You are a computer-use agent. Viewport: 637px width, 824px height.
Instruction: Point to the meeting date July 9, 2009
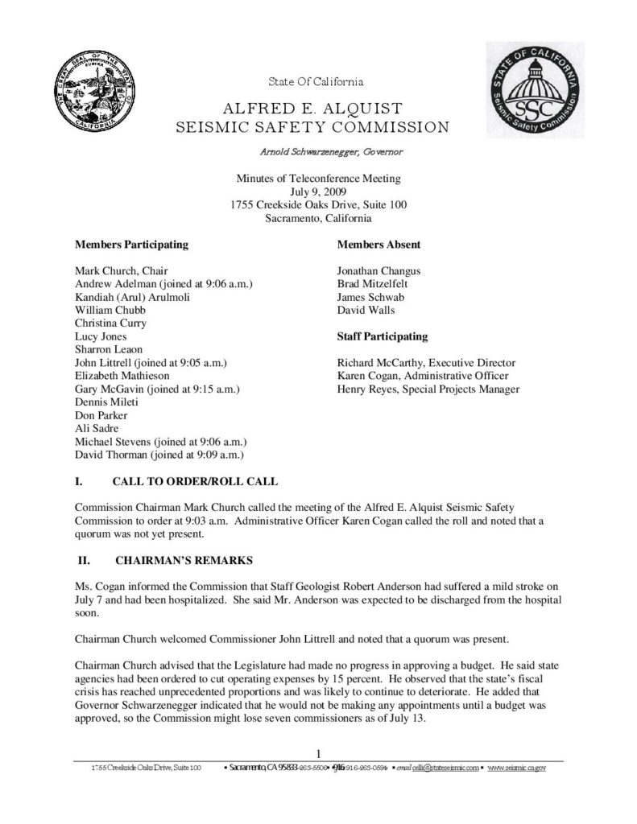pos(318,192)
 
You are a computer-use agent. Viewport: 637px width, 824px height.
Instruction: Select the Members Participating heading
pos(132,244)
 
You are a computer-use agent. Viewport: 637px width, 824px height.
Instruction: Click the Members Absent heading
pos(378,244)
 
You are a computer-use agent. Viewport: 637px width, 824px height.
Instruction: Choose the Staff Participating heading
pos(383,336)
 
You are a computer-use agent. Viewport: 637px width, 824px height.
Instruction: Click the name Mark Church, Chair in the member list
pos(121,271)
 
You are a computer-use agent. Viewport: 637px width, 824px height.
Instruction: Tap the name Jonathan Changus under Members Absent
pos(378,271)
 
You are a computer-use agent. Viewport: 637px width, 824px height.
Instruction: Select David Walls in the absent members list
pos(366,310)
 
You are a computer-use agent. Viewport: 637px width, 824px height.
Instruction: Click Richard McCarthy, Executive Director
pos(426,363)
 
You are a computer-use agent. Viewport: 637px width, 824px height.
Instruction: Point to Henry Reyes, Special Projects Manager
pos(428,389)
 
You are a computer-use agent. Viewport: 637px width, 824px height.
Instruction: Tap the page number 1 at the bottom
pos(319,754)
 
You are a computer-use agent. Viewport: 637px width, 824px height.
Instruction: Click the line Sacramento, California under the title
pos(318,217)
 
